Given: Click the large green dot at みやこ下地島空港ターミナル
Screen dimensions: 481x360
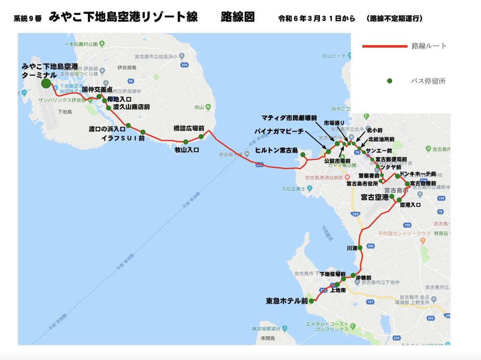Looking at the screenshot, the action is click(46, 83).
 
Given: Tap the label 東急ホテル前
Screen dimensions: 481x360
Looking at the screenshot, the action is click(287, 301).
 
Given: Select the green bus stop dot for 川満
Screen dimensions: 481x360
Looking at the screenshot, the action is click(360, 248).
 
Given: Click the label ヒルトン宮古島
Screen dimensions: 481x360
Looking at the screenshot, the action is click(276, 150).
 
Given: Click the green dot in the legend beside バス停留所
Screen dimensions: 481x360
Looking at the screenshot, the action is click(390, 81).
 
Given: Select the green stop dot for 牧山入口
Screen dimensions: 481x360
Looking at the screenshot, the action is click(186, 141).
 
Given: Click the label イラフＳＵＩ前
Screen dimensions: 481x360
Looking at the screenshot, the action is click(123, 138).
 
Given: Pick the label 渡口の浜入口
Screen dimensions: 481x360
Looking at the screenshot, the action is click(107, 129).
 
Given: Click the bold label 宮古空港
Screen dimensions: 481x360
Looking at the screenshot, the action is click(375, 197).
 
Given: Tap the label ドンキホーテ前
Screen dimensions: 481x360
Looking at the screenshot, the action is click(418, 174).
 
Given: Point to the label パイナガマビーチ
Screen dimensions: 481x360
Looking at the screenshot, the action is click(281, 131).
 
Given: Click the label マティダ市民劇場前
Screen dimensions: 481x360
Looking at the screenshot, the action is click(289, 117).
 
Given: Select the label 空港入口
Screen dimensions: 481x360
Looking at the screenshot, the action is click(410, 205).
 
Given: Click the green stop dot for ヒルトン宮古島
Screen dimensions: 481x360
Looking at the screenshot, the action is click(303, 154).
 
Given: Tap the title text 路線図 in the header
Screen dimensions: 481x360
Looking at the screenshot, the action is click(238, 18).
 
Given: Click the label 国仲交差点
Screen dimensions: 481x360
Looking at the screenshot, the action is click(97, 90).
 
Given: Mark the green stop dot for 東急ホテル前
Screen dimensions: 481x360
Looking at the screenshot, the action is click(311, 301).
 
